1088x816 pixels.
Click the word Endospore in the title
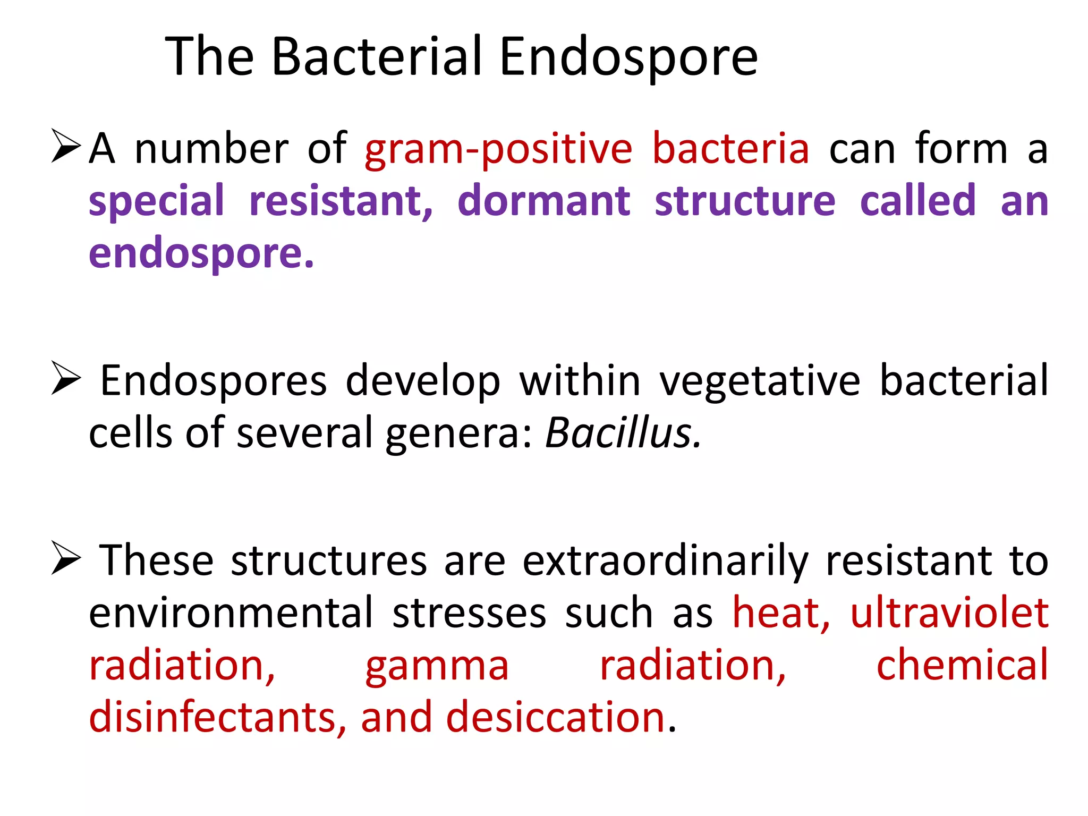tap(628, 57)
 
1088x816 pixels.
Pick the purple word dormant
tap(544, 201)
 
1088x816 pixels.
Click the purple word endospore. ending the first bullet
tap(201, 254)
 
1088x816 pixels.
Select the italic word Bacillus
tap(623, 432)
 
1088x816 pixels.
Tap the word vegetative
tap(760, 381)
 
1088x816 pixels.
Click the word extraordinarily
tap(665, 561)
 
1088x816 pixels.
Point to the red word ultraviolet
tap(949, 613)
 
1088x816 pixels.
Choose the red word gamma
tap(437, 666)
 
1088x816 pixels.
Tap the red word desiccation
tap(556, 717)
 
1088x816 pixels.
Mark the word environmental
tap(231, 613)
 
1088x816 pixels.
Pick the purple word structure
tap(745, 201)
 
